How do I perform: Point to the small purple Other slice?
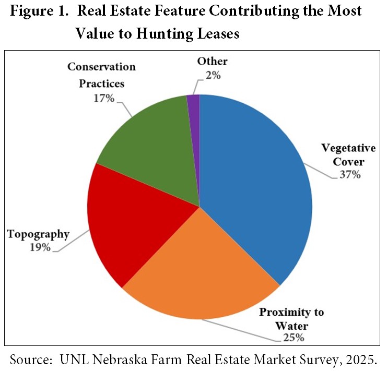click(194, 120)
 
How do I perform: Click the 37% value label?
click(348, 174)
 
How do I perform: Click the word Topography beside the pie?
click(38, 234)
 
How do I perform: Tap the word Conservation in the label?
click(101, 67)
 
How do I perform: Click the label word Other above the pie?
click(212, 62)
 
